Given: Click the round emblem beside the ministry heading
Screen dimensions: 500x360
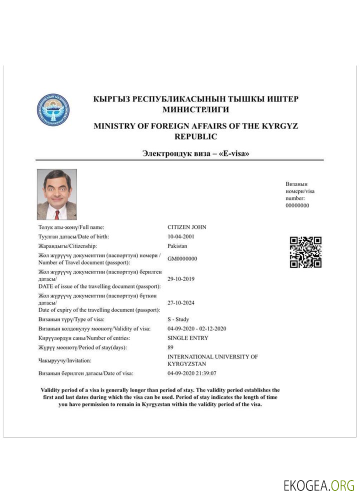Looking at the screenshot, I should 53,109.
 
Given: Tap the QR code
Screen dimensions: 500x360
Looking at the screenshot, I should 305,252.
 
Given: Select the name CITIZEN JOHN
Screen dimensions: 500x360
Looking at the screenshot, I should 187,227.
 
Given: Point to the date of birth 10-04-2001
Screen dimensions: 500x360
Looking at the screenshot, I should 181,236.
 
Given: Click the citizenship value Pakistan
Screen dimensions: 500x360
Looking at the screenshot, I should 177,246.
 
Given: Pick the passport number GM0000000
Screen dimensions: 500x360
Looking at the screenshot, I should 182,258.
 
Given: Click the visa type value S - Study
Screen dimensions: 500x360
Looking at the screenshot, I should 178,319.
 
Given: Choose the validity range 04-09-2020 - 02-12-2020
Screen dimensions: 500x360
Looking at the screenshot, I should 197,328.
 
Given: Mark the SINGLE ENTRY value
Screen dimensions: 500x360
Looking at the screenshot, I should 188,338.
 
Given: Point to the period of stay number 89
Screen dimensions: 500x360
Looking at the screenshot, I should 170,347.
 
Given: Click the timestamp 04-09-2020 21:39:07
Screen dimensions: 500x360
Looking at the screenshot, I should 192,373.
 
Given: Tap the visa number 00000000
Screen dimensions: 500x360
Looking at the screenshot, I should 297,205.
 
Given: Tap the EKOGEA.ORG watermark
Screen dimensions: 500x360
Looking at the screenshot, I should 319,485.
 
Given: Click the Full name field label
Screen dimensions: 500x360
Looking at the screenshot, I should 71,227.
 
